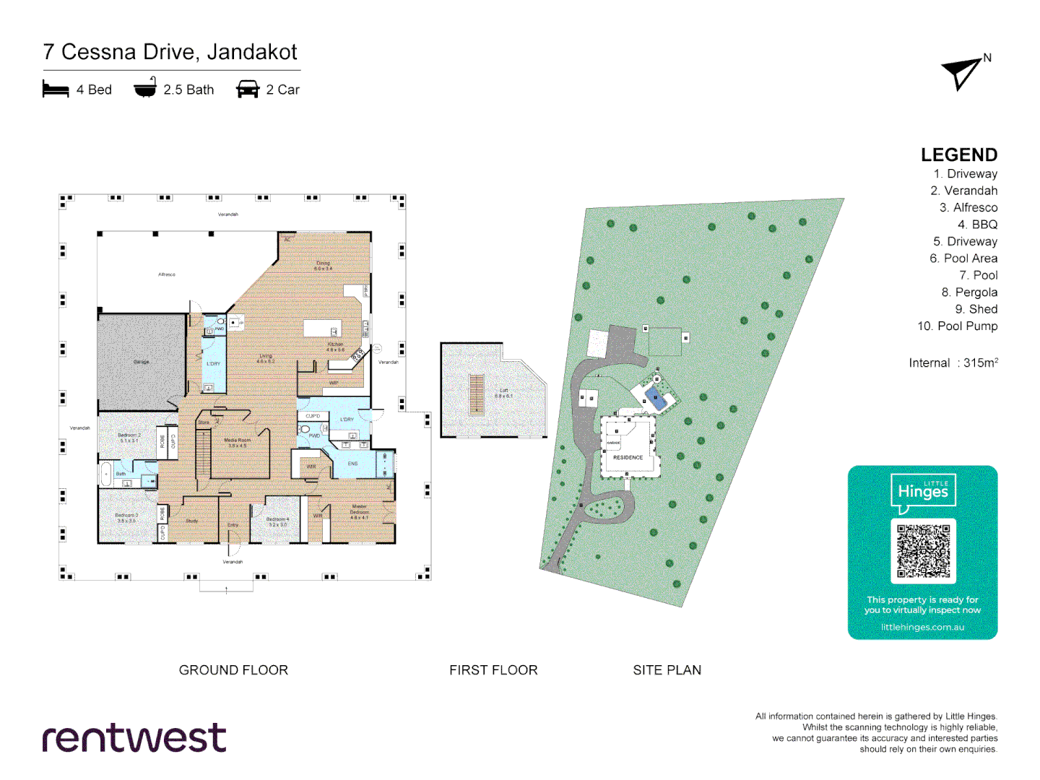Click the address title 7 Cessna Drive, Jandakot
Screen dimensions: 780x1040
point(170,52)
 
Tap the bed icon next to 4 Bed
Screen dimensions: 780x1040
point(56,90)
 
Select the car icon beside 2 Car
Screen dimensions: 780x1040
point(247,90)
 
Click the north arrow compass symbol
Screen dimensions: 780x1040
point(963,73)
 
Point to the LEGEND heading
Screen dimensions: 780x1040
point(958,155)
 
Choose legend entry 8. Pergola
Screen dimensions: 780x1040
point(968,292)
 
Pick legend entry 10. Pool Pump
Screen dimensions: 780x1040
point(957,326)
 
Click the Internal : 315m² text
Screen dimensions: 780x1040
point(953,363)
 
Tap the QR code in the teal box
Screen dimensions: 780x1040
point(923,551)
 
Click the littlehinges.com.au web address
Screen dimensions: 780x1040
point(922,627)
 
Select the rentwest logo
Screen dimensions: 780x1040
point(134,737)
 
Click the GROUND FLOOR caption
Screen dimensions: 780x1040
point(233,670)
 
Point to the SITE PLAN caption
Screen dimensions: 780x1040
point(667,670)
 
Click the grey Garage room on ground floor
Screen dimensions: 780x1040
point(142,363)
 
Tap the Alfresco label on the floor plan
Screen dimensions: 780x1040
point(167,274)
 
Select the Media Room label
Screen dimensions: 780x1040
point(238,441)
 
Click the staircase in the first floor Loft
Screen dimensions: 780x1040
point(476,394)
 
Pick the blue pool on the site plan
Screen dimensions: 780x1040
point(656,398)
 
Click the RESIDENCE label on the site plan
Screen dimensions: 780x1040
point(628,457)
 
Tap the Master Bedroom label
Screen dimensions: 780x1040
point(359,511)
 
